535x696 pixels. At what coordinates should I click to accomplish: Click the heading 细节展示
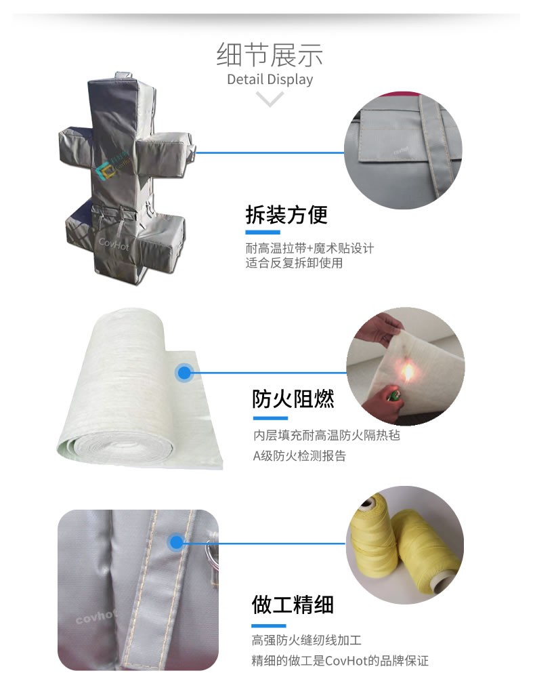pyautogui.click(x=270, y=55)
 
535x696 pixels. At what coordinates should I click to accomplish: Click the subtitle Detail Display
pyautogui.click(x=270, y=79)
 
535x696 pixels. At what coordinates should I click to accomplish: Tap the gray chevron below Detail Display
pyautogui.click(x=270, y=99)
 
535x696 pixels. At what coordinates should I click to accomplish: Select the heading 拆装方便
pyautogui.click(x=286, y=216)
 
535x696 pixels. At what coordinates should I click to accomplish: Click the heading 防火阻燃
pyautogui.click(x=293, y=399)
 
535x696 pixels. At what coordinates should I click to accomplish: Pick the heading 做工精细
pyautogui.click(x=293, y=605)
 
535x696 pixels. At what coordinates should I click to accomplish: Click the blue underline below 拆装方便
pyautogui.click(x=263, y=232)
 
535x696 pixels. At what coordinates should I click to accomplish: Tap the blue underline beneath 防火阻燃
pyautogui.click(x=271, y=417)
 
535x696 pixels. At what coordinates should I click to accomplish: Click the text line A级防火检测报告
pyautogui.click(x=299, y=456)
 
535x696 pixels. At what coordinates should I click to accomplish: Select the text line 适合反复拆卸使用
pyautogui.click(x=294, y=263)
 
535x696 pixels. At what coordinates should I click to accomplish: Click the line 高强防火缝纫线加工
pyautogui.click(x=307, y=640)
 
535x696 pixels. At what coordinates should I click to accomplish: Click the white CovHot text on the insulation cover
pyautogui.click(x=114, y=243)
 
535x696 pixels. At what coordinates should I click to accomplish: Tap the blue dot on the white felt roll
pyautogui.click(x=184, y=373)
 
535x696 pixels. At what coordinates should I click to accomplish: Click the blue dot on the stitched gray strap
pyautogui.click(x=177, y=542)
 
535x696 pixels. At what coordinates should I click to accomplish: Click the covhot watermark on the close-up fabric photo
pyautogui.click(x=96, y=616)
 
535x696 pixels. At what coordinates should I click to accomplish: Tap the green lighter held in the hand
pyautogui.click(x=392, y=394)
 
